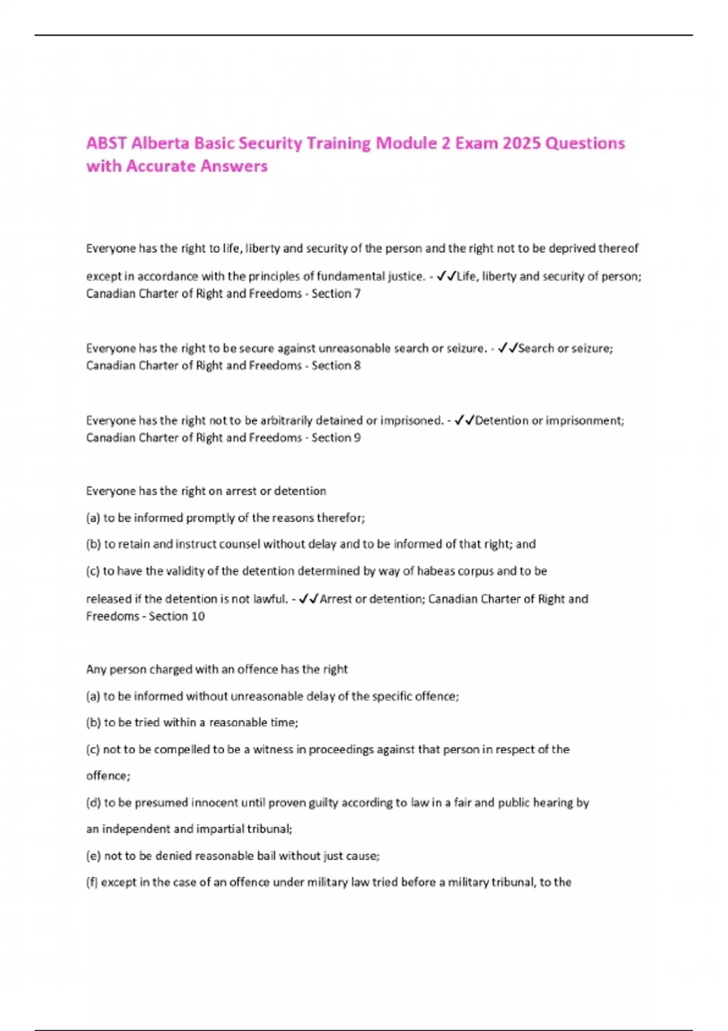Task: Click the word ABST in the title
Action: tap(107, 144)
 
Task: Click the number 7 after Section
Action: tap(357, 294)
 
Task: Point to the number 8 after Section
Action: tap(357, 366)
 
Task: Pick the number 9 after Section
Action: tap(357, 438)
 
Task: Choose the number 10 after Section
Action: tap(198, 617)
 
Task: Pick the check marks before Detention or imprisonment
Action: tap(464, 421)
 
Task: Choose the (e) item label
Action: tap(93, 856)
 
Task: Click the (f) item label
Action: tap(92, 882)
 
